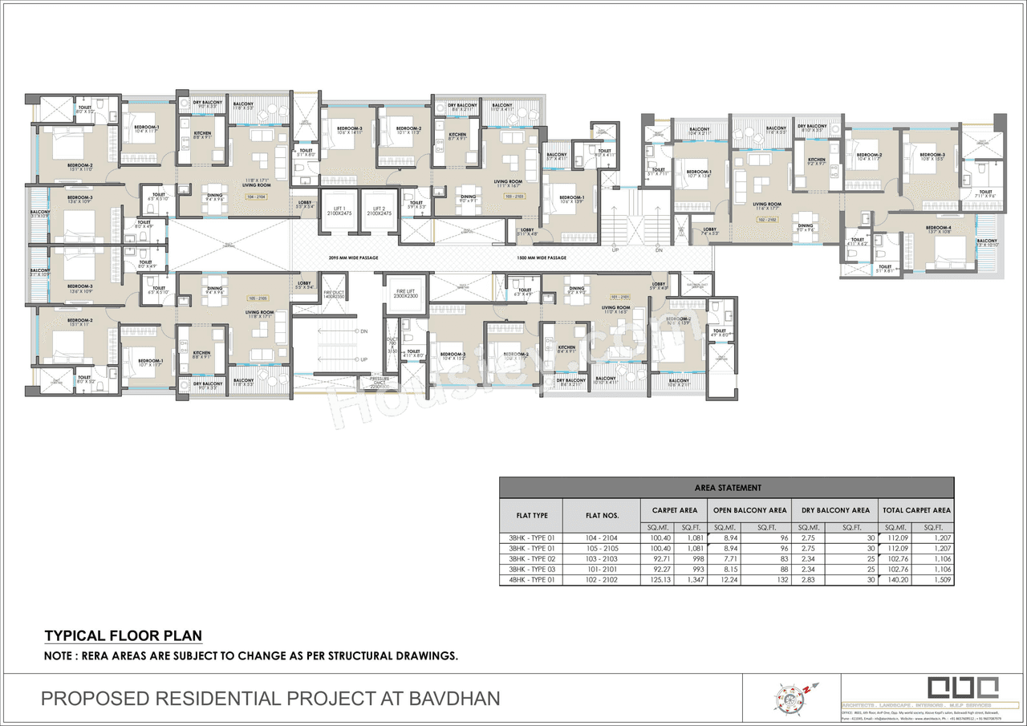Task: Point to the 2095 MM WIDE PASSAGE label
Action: click(354, 258)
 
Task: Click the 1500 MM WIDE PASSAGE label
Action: click(542, 258)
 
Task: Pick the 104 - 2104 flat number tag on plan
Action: click(258, 195)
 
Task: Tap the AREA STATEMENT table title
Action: click(726, 487)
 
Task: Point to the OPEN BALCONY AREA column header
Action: click(749, 509)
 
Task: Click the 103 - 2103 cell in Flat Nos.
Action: click(600, 558)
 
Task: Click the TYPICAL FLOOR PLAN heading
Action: click(123, 636)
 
